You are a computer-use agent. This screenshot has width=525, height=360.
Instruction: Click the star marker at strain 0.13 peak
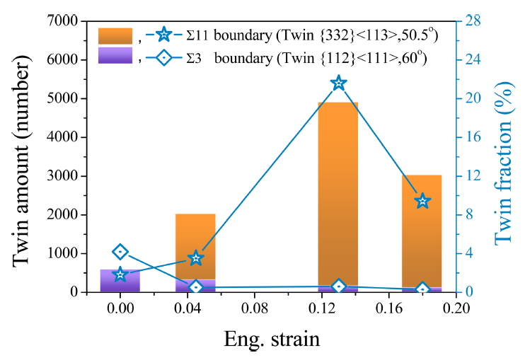click(338, 83)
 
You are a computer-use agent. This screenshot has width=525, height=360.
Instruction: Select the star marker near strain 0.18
click(422, 201)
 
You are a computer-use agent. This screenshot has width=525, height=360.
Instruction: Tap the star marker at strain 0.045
click(196, 258)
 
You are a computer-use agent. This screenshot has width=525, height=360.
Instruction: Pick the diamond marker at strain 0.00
click(120, 252)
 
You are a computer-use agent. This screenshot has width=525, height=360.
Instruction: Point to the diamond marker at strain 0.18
click(422, 289)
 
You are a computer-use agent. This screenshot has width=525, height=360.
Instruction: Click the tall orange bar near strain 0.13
click(338, 191)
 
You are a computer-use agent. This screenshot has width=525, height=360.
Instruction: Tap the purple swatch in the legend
click(115, 56)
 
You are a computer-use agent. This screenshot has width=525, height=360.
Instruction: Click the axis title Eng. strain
click(272, 338)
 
